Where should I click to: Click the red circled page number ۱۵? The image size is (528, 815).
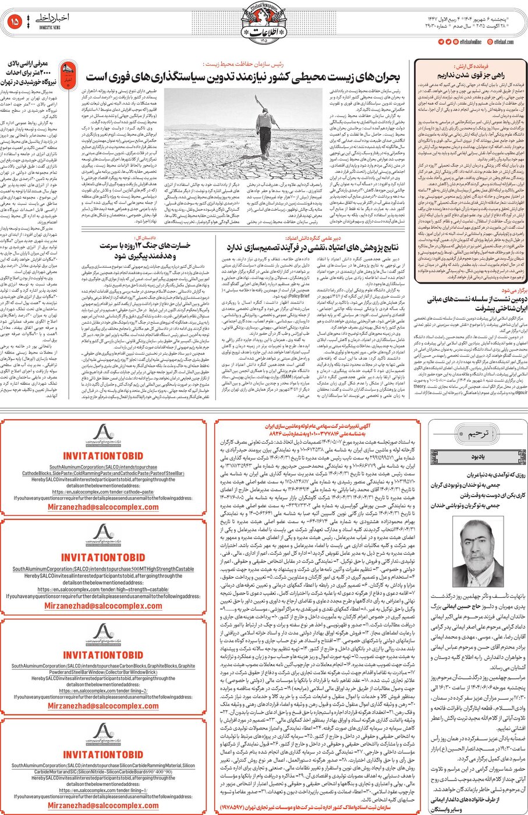pos(15,22)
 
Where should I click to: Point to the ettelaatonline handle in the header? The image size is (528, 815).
pos(471,42)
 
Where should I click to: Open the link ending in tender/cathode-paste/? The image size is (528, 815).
pos(105,492)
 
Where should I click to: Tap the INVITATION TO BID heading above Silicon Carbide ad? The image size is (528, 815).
pos(104,754)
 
